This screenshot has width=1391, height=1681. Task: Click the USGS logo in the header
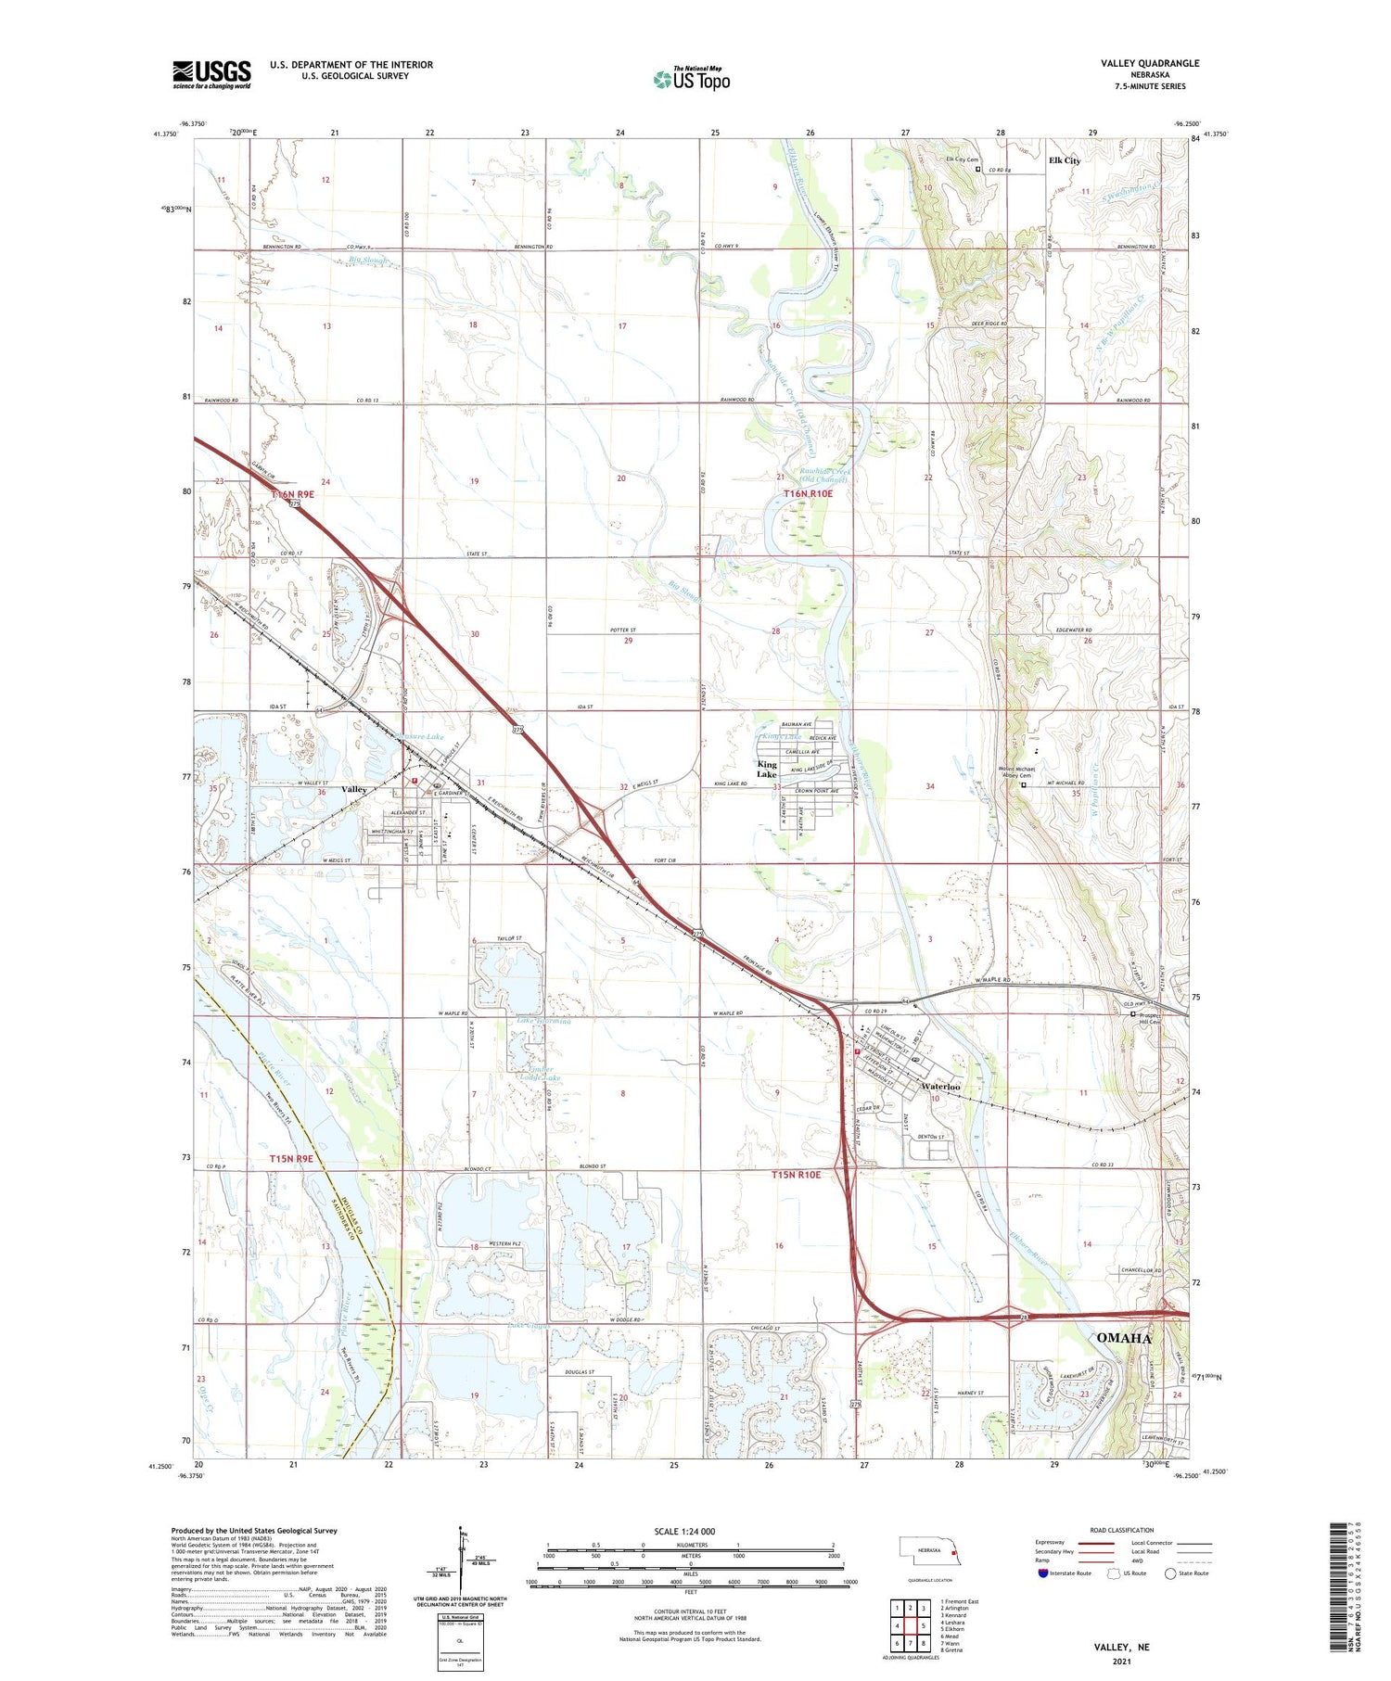(211, 74)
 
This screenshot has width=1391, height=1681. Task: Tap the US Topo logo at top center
(691, 79)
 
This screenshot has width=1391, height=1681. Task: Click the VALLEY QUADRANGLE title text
(1150, 63)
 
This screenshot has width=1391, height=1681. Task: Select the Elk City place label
(1064, 160)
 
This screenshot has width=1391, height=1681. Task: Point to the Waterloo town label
(940, 1086)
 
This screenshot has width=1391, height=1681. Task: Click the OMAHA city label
(1123, 1338)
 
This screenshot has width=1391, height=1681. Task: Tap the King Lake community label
(767, 770)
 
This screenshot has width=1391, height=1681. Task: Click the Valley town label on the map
(353, 789)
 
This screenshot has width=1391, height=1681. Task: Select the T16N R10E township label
(808, 494)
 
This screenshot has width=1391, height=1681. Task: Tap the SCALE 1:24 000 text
(684, 1531)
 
